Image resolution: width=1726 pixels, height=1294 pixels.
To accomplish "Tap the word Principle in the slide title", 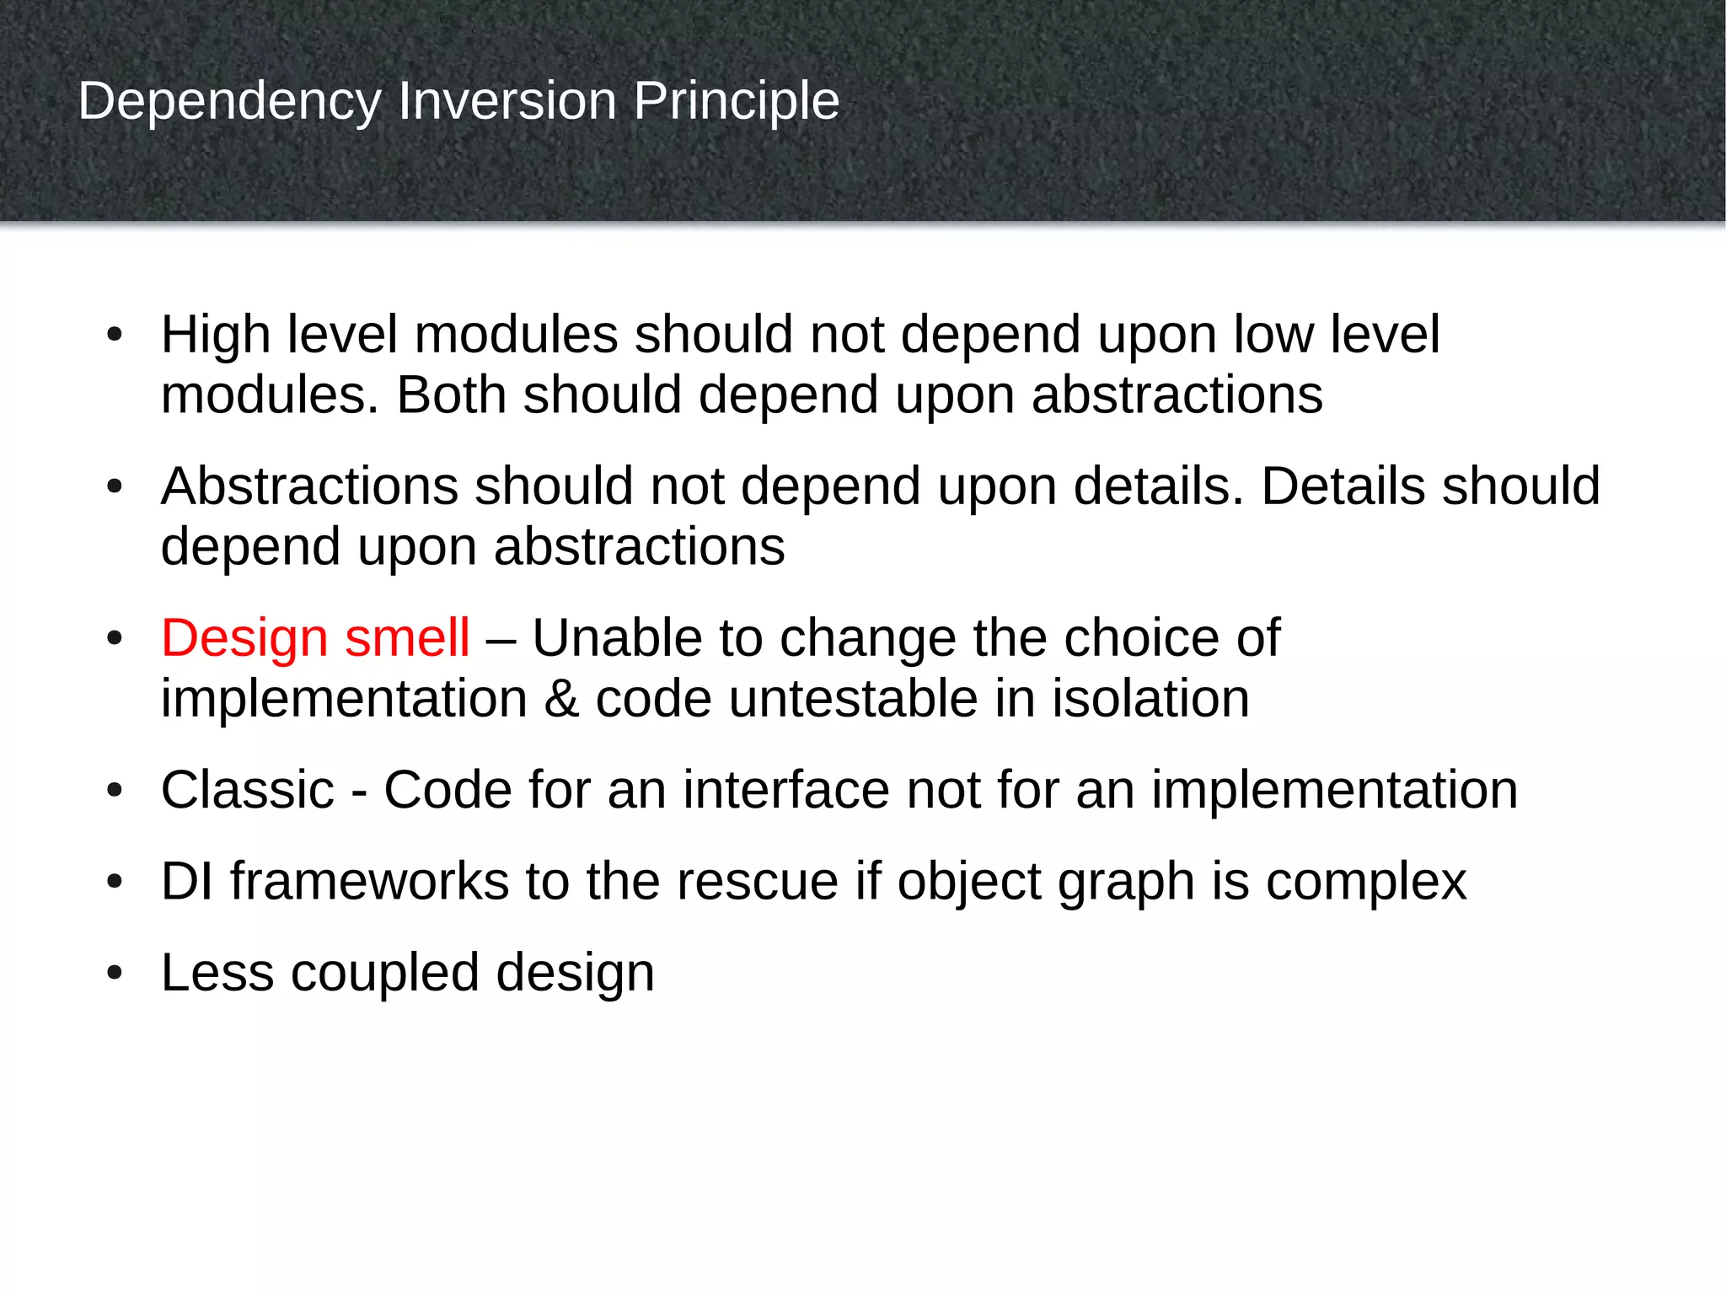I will [736, 102].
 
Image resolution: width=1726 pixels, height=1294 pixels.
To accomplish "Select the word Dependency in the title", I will [229, 102].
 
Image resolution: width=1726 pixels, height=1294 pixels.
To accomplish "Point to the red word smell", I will [407, 638].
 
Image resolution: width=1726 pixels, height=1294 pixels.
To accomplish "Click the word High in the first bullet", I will [215, 335].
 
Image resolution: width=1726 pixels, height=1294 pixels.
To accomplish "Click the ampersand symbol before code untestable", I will [561, 699].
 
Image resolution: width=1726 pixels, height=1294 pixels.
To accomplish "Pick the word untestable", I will [853, 699].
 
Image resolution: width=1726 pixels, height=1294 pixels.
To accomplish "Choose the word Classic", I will [248, 790].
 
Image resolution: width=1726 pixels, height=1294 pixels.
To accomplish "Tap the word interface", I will [785, 790].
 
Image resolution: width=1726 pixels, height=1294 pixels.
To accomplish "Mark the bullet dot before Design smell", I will [115, 638].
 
